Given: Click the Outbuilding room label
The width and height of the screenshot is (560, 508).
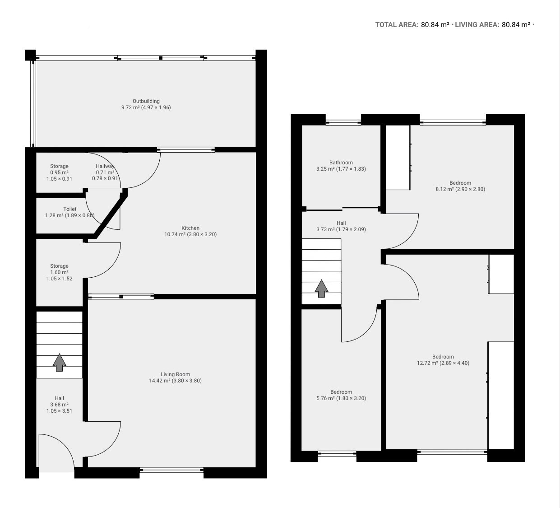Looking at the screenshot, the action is tap(146, 101).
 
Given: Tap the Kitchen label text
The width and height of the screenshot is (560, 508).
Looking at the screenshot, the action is tap(190, 228).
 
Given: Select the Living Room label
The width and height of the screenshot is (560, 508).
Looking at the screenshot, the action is tap(176, 374).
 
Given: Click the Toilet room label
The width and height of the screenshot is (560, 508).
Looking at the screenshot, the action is tap(70, 209).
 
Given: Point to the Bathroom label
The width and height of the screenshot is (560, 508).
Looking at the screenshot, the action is tap(341, 163).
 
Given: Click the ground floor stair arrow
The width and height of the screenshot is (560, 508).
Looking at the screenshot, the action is tap(60, 363).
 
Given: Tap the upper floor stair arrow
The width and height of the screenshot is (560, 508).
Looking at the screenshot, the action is tap(322, 289).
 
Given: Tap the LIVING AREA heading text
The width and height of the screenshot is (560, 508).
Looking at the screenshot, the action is tap(477, 25).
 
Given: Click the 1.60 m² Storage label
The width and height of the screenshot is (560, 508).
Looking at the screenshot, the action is tap(59, 272).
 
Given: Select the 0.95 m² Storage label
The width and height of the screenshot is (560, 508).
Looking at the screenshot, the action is tap(59, 172).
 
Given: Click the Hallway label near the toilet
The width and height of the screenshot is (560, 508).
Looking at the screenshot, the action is tap(105, 166).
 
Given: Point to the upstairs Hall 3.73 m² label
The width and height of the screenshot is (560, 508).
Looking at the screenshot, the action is tap(341, 226).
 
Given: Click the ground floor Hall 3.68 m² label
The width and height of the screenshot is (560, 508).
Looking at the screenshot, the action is tap(59, 404).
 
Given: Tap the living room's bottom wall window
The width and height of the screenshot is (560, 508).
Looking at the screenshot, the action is tap(171, 470).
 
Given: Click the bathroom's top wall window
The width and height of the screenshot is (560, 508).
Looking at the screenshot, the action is tap(343, 122).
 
